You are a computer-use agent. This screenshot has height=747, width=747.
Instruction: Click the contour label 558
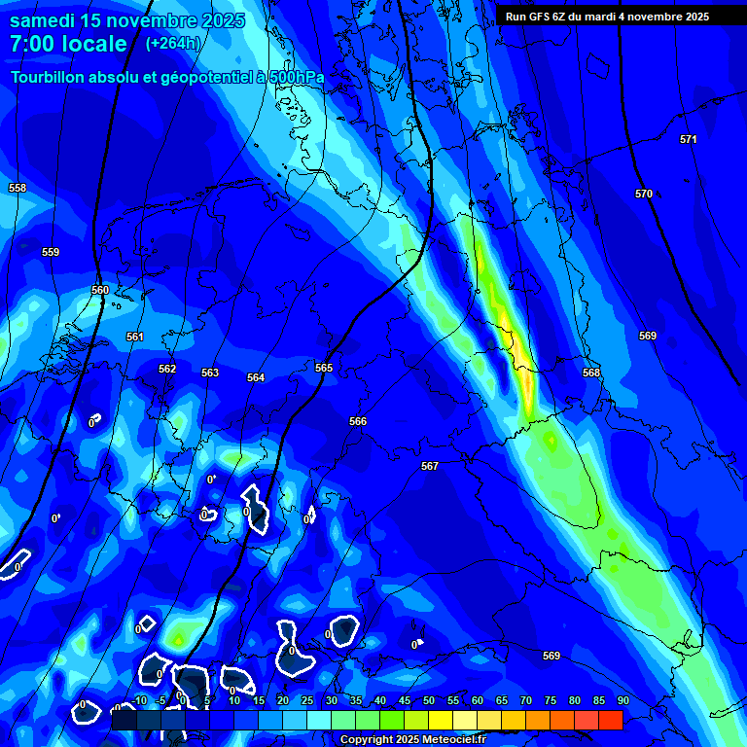pyautogui.click(x=18, y=188)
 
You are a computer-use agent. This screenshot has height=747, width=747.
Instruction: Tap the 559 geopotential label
pyautogui.click(x=51, y=252)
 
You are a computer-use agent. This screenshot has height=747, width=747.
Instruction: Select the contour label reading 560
pyautogui.click(x=100, y=290)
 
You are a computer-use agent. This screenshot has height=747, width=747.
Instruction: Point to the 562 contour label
pyautogui.click(x=167, y=369)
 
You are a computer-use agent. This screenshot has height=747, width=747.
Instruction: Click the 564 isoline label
pyautogui.click(x=256, y=377)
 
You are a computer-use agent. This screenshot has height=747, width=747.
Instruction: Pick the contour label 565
pyautogui.click(x=324, y=368)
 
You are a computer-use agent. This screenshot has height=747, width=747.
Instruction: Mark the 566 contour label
pyautogui.click(x=358, y=421)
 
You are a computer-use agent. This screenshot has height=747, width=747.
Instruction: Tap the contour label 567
pyautogui.click(x=430, y=466)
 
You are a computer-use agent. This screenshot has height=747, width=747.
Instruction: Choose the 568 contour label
pyautogui.click(x=591, y=373)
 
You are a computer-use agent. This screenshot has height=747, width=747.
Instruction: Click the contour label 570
pyautogui.click(x=644, y=194)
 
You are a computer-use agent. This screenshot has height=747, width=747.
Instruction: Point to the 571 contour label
pyautogui.click(x=689, y=139)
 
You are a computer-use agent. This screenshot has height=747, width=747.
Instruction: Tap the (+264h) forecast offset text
pyautogui.click(x=172, y=44)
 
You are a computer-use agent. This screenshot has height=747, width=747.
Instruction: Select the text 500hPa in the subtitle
pyautogui.click(x=289, y=77)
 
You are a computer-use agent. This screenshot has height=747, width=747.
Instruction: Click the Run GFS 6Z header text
pyautogui.click(x=543, y=17)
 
